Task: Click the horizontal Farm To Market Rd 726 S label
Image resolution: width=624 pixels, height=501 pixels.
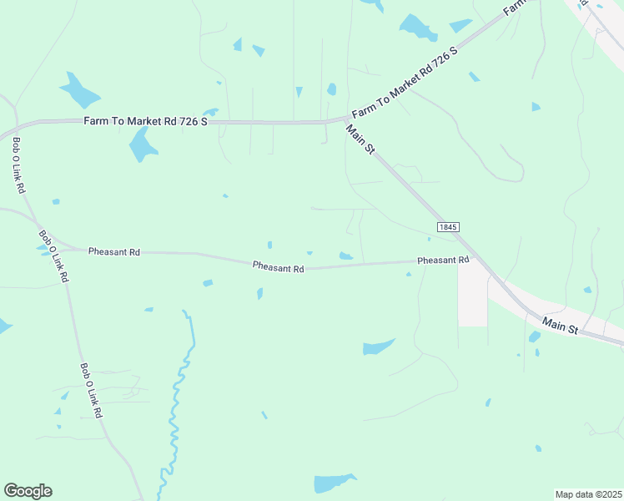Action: (145, 122)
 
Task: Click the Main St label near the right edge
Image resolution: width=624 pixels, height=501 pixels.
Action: (560, 325)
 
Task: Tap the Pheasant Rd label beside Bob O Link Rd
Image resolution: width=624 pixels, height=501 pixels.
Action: (114, 251)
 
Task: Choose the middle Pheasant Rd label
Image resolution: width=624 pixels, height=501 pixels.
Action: (279, 267)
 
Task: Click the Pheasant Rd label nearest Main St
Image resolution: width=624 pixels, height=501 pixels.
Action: (443, 261)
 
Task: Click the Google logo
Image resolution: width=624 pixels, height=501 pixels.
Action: (28, 491)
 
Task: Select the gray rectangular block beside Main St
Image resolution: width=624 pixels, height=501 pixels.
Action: (472, 296)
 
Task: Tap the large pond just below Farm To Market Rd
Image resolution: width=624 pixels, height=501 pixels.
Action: (142, 147)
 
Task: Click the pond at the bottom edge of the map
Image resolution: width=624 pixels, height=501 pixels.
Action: (334, 483)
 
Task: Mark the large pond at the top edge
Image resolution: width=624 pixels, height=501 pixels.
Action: (417, 28)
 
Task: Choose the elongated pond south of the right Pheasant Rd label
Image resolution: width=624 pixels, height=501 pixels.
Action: (378, 347)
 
